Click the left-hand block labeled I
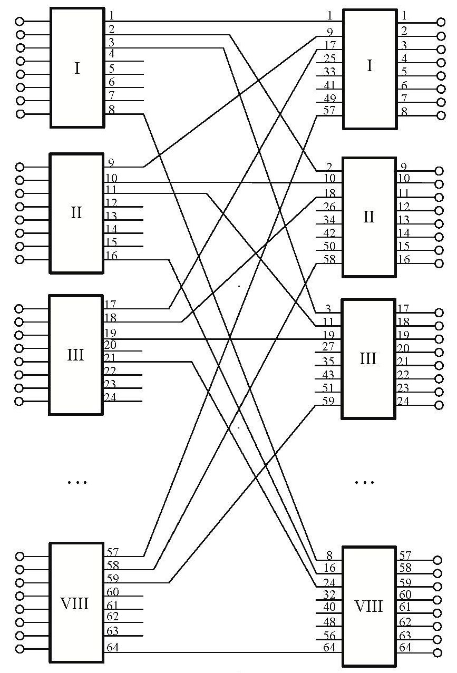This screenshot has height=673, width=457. (77, 67)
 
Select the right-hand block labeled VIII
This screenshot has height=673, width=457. (368, 606)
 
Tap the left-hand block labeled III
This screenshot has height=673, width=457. (76, 355)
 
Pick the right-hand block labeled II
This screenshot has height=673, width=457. (368, 216)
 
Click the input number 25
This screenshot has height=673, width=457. (329, 58)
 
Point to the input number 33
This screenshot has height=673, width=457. (329, 71)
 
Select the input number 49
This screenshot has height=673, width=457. (329, 97)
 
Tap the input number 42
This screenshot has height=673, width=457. (329, 232)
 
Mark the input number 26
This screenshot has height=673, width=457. (329, 206)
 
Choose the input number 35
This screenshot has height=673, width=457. (329, 360)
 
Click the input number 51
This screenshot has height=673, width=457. (329, 387)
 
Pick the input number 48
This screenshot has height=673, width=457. (329, 621)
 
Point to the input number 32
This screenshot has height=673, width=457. (329, 594)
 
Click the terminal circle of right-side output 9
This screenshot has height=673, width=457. (437, 171)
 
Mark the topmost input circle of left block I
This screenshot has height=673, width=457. (20, 22)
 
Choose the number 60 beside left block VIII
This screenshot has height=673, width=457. (113, 591)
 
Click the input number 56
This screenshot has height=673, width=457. (329, 634)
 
